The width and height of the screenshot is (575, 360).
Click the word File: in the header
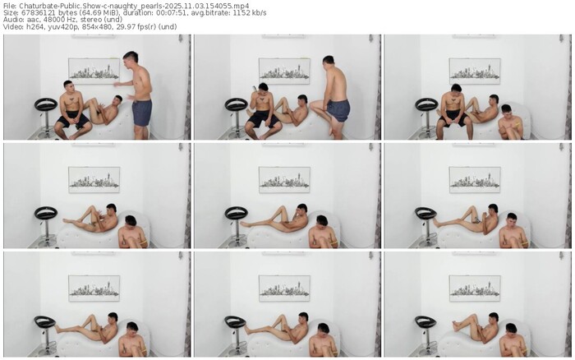point(10,6)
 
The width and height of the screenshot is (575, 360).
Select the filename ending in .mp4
point(134,6)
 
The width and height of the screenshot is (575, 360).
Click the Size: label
point(11,13)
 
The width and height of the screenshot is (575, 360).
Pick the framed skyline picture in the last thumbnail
point(475,288)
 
